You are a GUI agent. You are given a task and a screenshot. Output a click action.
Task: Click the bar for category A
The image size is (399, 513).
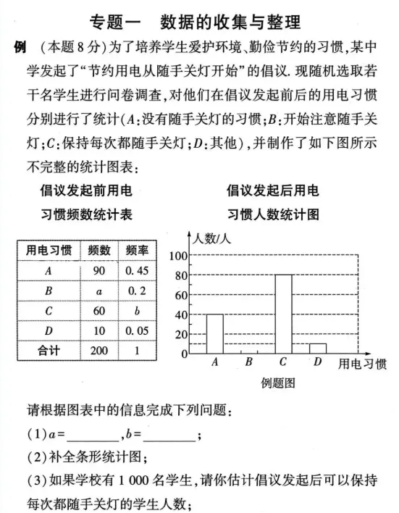coord(214,333)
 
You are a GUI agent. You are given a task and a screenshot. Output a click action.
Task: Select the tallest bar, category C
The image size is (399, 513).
coord(283,314)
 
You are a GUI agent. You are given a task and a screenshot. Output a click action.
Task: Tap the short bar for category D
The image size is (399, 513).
coord(318,349)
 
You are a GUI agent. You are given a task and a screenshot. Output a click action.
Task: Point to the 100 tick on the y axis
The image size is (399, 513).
coord(178,256)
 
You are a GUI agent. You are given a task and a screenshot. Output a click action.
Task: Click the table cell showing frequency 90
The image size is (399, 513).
coord(99,270)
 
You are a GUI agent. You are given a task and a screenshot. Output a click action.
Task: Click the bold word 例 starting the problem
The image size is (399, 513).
coord(20,48)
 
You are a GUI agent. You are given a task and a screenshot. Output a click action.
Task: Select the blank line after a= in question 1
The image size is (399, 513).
coord(94,435)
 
